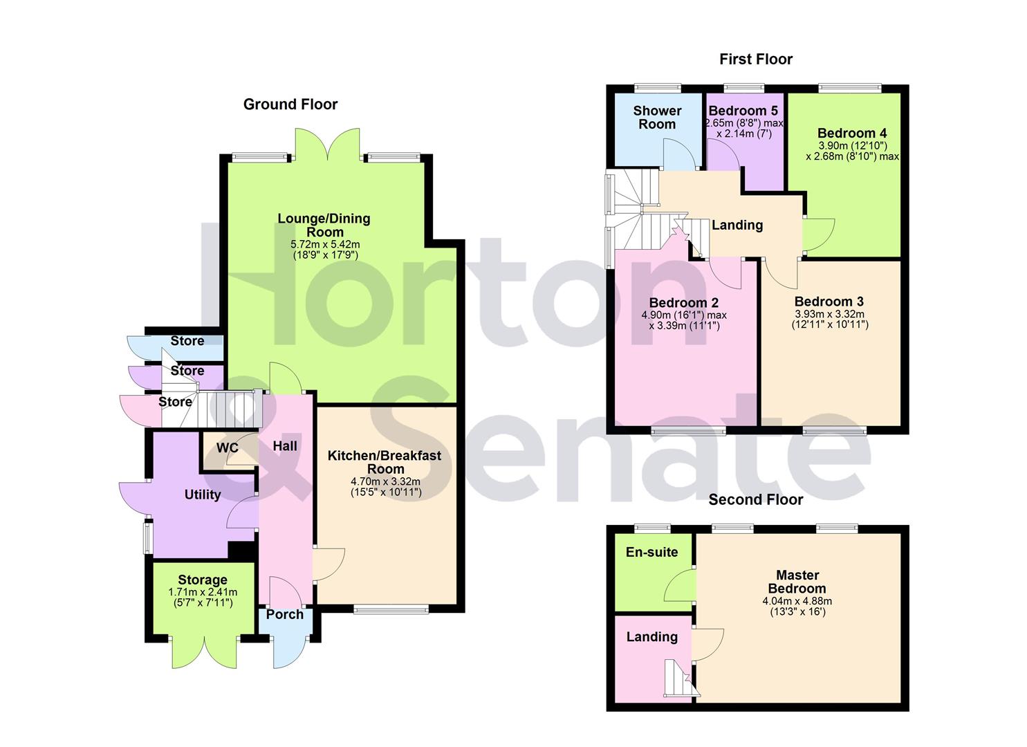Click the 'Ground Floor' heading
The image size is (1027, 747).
point(290,104)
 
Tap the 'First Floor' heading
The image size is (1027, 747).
point(755,59)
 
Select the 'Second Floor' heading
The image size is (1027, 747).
point(755,499)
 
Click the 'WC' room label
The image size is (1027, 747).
point(228,448)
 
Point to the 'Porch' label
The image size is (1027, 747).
point(284,614)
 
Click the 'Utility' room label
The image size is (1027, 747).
point(202,495)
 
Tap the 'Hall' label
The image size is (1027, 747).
point(284,446)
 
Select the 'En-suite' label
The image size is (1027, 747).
point(651,552)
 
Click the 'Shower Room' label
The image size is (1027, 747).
point(657,118)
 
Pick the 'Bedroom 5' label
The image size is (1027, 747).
point(743,111)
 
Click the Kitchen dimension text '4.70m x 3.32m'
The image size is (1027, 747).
point(385,482)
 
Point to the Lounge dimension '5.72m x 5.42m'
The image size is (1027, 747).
point(324,245)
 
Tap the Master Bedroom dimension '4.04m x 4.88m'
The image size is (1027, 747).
point(797,601)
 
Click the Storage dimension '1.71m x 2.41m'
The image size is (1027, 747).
point(202,593)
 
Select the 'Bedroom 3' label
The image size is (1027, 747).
point(829,302)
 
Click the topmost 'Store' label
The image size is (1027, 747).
point(187,341)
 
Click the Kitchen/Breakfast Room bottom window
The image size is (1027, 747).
point(391,609)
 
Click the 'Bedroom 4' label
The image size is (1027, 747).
point(851,133)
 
